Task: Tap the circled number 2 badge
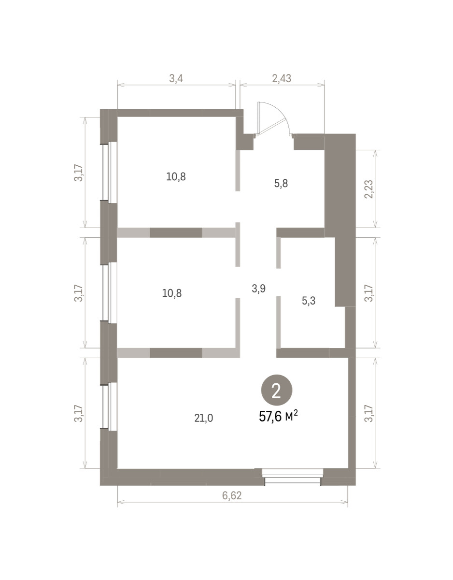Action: [x=277, y=390]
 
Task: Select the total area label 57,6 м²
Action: [x=278, y=417]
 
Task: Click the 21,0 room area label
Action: [x=203, y=418]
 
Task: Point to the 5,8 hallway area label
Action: [x=281, y=184]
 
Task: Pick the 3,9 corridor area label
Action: [x=259, y=288]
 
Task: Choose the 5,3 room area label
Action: [x=309, y=301]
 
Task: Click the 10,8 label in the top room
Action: [x=176, y=176]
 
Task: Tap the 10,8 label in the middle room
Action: [x=172, y=293]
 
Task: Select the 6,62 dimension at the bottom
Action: [x=232, y=495]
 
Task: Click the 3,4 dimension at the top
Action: [x=176, y=78]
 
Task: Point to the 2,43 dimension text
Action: [x=282, y=78]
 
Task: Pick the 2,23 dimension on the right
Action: [x=369, y=189]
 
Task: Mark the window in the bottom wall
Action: [x=293, y=476]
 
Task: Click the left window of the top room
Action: [x=109, y=171]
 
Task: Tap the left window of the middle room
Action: [x=109, y=292]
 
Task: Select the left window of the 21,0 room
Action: [x=109, y=412]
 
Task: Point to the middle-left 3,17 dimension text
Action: [x=79, y=293]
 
